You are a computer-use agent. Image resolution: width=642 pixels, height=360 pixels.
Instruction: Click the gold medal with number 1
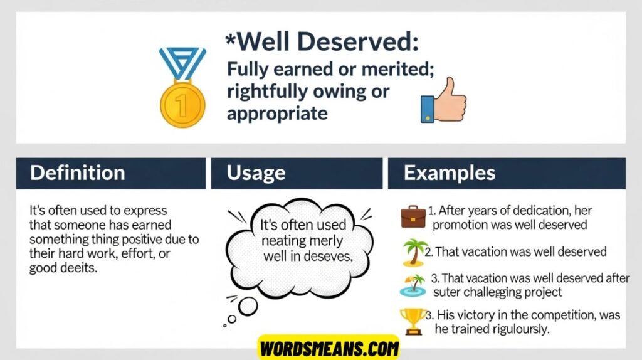tap(182, 105)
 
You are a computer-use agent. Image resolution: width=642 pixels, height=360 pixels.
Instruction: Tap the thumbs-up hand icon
tap(444, 100)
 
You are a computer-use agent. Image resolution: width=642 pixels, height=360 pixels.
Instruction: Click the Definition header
tap(77, 173)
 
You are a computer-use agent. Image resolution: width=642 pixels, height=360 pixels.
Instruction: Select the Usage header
tap(256, 173)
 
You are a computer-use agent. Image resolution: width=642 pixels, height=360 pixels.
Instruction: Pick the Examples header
tap(449, 173)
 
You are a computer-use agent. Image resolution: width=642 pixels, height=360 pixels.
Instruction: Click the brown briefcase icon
tap(413, 217)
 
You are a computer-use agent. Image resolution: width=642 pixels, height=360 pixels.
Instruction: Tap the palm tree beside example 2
tap(414, 253)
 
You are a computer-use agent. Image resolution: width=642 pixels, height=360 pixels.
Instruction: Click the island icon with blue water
tap(413, 285)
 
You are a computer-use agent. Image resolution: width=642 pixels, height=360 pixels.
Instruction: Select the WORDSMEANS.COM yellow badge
tap(329, 348)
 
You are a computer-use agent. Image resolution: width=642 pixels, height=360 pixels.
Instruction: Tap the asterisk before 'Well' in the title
tap(231, 41)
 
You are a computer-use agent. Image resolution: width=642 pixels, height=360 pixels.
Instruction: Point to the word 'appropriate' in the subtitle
tap(277, 114)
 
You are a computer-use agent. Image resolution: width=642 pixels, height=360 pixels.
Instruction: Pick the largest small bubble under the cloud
tap(248, 306)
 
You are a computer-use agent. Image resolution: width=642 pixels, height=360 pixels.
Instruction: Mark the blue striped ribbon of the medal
tap(182, 63)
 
